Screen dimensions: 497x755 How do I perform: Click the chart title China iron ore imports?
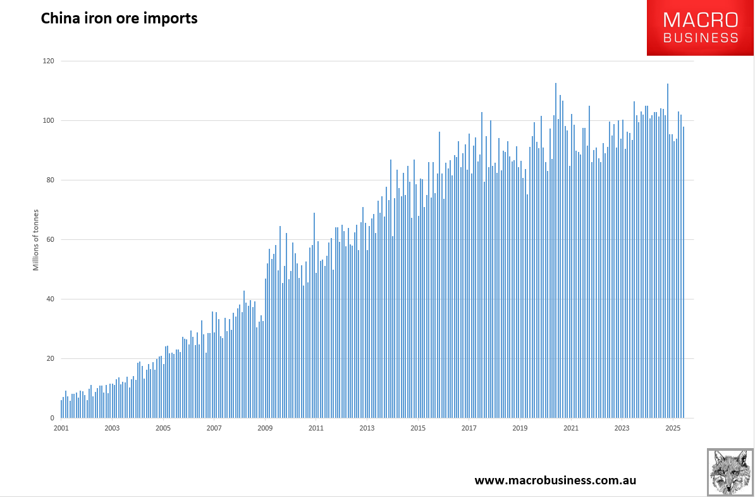(119, 18)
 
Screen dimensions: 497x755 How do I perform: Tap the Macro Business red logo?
(700, 28)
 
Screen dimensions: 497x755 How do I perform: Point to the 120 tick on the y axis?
(48, 61)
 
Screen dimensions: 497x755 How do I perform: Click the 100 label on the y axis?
(48, 121)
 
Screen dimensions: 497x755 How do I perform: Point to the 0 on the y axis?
(51, 418)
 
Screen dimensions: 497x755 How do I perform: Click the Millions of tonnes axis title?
(36, 239)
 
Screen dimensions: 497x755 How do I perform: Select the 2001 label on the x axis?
(61, 429)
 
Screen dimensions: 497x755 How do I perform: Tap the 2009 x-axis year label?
(265, 429)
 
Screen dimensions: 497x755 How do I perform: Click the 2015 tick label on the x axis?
(418, 429)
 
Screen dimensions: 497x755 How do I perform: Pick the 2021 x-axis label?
(571, 429)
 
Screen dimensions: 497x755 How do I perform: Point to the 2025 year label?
(673, 429)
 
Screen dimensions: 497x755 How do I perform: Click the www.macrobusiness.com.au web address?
(555, 481)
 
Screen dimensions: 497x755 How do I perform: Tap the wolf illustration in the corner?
(730, 472)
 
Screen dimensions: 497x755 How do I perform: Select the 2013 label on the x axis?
(367, 429)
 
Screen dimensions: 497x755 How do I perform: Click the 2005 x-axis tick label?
(163, 429)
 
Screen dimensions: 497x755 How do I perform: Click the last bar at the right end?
(684, 272)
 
